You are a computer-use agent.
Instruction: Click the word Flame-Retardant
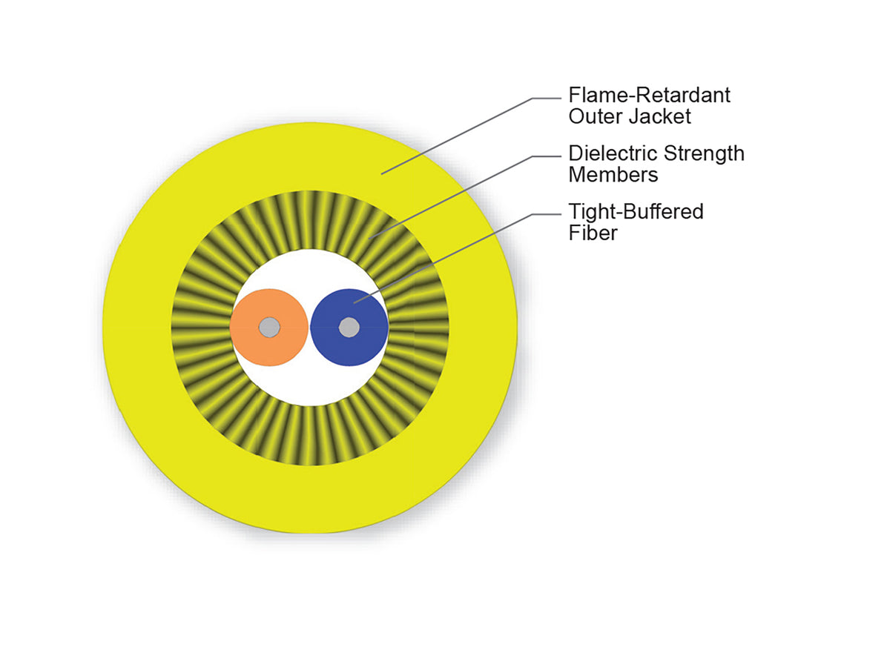[x=649, y=95]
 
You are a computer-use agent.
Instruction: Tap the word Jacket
[x=660, y=116]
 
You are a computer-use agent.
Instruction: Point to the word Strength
[x=705, y=154]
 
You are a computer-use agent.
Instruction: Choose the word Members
[x=613, y=175]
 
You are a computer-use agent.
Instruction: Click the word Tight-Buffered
[x=636, y=212]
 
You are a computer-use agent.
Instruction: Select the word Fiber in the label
[x=593, y=233]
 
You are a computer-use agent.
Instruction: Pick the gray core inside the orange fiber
[x=269, y=327]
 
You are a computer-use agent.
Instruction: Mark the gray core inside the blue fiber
[x=349, y=327]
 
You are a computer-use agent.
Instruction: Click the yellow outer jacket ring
[x=310, y=498]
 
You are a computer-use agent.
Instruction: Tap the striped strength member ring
[x=310, y=435]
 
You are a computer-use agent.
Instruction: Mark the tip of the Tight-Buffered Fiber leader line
[x=354, y=302]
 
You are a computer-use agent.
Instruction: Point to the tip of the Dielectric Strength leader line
[x=369, y=239]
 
